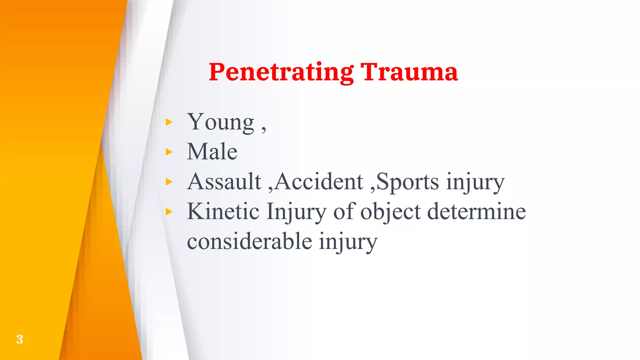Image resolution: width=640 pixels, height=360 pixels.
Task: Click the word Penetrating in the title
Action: [281, 72]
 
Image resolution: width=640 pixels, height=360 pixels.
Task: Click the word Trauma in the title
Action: [409, 72]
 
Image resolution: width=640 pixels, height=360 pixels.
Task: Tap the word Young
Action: [221, 122]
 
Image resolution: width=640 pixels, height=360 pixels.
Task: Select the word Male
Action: [212, 152]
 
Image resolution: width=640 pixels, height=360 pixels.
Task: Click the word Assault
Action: [224, 182]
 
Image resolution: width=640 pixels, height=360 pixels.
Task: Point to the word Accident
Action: [319, 182]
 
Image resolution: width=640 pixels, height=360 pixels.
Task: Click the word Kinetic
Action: [223, 212]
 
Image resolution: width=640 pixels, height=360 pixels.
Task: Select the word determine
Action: [476, 212]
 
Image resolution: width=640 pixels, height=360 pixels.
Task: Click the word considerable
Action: [249, 242]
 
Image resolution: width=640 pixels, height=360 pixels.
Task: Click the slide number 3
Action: [19, 339]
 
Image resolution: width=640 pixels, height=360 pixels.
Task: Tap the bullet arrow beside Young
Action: [169, 122]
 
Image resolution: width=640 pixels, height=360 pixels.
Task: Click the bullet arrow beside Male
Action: [169, 152]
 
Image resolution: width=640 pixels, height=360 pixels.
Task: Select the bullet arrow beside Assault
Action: [169, 182]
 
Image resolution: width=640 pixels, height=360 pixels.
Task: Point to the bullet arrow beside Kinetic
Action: [169, 212]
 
